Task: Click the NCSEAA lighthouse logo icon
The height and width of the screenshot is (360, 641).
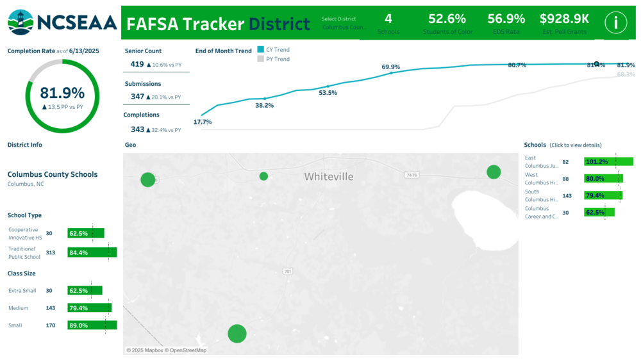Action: pyautogui.click(x=21, y=22)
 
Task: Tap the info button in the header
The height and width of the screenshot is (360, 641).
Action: pyautogui.click(x=616, y=23)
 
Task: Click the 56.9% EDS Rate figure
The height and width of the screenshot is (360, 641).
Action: pyautogui.click(x=506, y=19)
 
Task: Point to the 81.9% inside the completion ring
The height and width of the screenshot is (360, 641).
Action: pyautogui.click(x=62, y=94)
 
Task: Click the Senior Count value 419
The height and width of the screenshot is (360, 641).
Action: pyautogui.click(x=137, y=64)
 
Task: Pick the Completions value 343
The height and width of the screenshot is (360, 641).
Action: pyautogui.click(x=137, y=129)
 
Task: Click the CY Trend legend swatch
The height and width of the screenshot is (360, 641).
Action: pyautogui.click(x=260, y=49)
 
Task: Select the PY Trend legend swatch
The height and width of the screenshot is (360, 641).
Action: pyautogui.click(x=260, y=59)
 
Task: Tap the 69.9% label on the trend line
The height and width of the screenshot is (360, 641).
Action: pyautogui.click(x=390, y=67)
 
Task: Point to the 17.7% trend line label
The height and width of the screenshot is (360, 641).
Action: pyautogui.click(x=203, y=122)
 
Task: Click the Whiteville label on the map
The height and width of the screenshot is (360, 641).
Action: pyautogui.click(x=328, y=177)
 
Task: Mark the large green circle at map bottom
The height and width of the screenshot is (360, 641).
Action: pyautogui.click(x=237, y=333)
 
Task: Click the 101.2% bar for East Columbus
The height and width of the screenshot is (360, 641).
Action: pyautogui.click(x=608, y=161)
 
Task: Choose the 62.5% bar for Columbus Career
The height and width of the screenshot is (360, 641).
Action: pyautogui.click(x=599, y=212)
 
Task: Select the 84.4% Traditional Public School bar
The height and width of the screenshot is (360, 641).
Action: pyautogui.click(x=92, y=252)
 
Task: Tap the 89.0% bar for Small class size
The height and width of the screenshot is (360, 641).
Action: pyautogui.click(x=92, y=325)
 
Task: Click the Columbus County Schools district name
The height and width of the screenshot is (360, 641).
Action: pyautogui.click(x=53, y=174)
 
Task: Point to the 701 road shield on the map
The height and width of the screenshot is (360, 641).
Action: pyautogui.click(x=287, y=272)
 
